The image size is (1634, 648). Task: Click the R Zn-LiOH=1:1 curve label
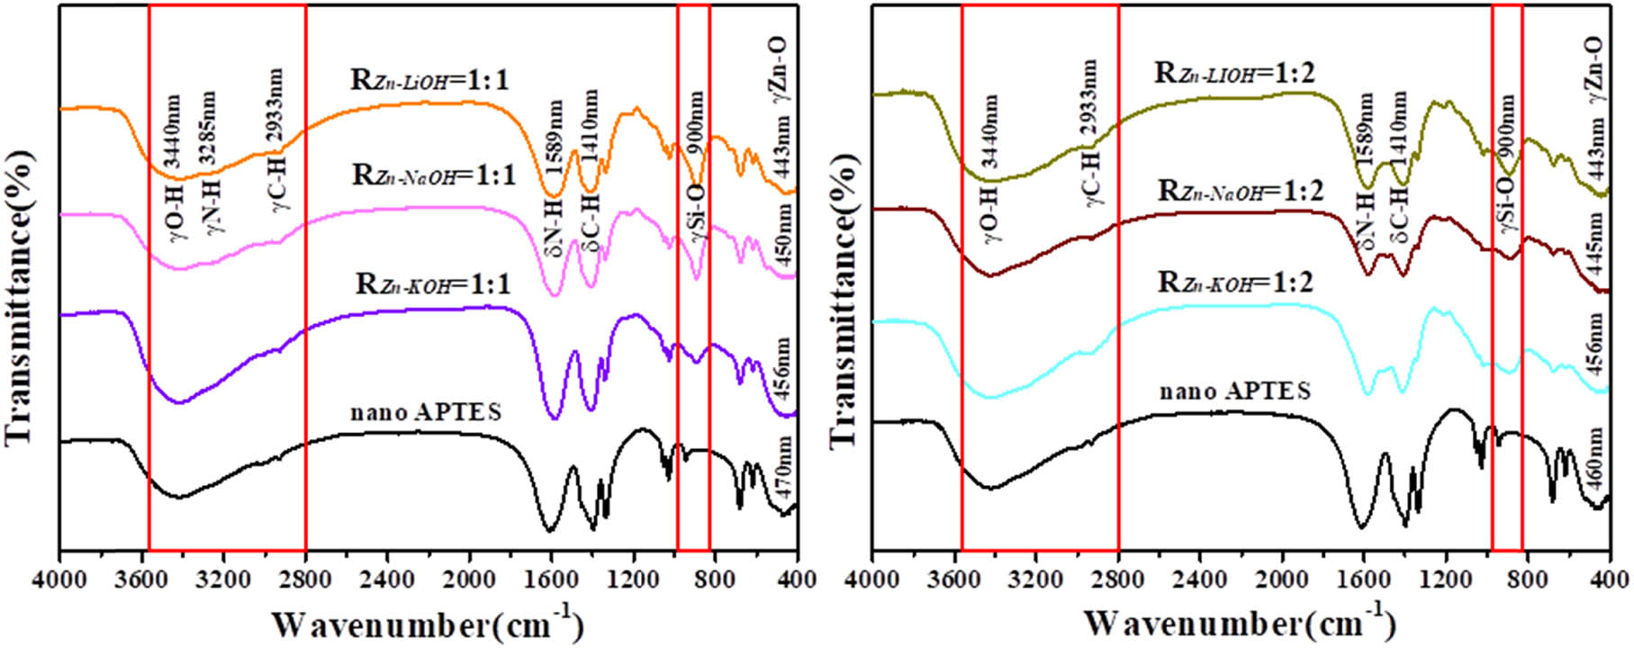click(429, 81)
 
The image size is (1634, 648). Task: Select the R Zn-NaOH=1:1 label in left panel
click(434, 175)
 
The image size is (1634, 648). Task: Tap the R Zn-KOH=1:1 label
click(433, 284)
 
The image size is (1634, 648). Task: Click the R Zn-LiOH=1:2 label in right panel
click(1235, 72)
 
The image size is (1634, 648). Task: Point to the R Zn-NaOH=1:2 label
click(1241, 191)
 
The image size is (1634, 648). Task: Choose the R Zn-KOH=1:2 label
click(1235, 282)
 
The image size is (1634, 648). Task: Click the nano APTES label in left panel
click(425, 413)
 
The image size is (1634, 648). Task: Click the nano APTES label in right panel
click(1234, 391)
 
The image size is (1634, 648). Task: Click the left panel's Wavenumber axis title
click(428, 624)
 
